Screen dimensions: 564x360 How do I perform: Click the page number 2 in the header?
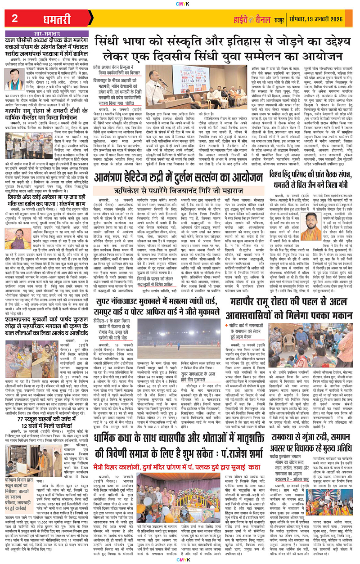point(15,18)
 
